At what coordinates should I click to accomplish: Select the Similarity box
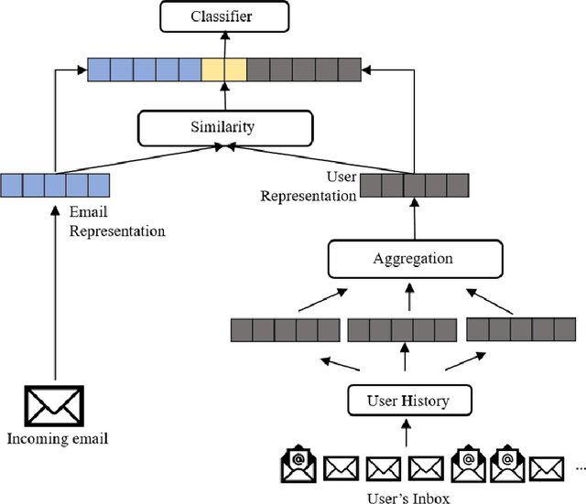[222, 128]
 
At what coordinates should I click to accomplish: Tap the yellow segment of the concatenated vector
[224, 70]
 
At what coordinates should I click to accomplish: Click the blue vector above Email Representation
[55, 186]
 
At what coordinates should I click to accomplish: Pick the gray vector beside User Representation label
[415, 186]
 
